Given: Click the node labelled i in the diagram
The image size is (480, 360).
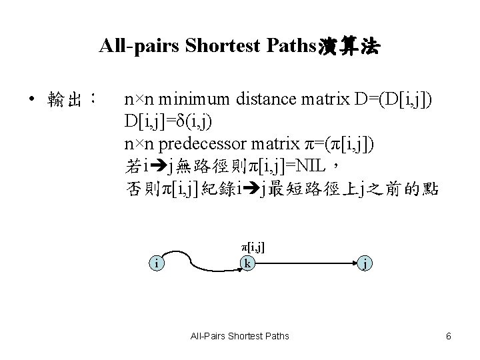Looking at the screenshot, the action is [x=156, y=264].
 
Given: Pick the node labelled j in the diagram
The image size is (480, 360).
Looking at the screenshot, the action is [x=365, y=264].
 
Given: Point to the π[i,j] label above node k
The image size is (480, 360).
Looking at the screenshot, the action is [x=253, y=247].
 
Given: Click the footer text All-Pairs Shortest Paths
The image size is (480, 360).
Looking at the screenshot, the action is [x=239, y=336].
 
